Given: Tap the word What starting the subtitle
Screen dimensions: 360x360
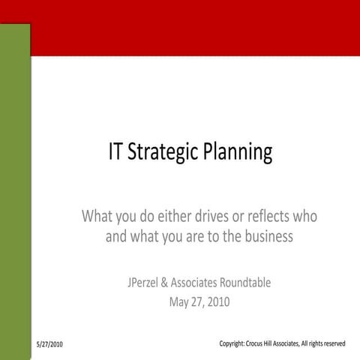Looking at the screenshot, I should pos(97,217).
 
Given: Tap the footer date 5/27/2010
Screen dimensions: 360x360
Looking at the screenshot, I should pos(49,344).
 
